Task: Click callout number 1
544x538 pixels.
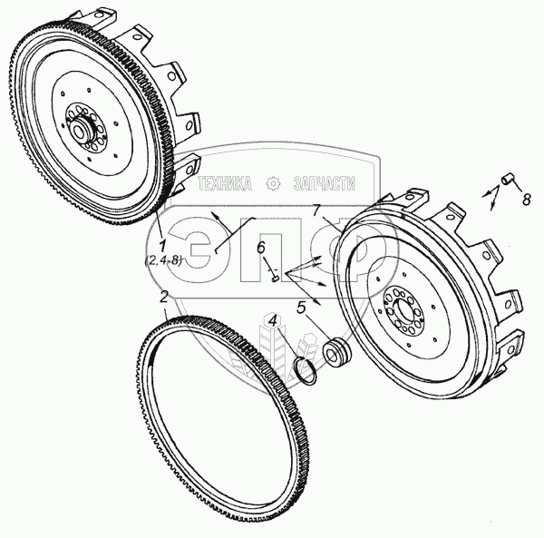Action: tap(161, 246)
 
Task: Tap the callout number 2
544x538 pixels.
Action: tap(163, 296)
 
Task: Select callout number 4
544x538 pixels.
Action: tap(273, 319)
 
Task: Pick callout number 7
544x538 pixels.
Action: tap(317, 211)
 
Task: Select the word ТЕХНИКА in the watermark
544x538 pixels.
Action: tap(225, 184)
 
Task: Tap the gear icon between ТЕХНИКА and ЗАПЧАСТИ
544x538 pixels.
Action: tap(272, 184)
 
